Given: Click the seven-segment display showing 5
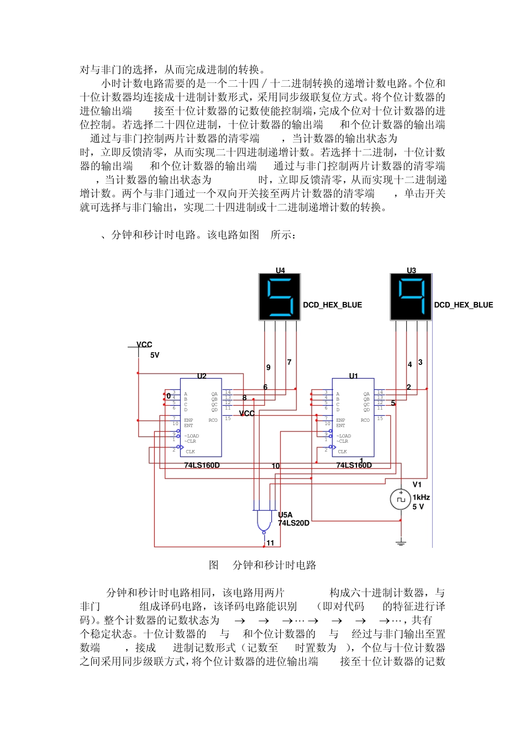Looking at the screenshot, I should [x=280, y=297].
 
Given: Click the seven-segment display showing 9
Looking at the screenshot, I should [x=411, y=297].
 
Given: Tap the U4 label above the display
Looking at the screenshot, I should [x=280, y=270].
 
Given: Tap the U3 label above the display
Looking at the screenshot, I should [x=411, y=270].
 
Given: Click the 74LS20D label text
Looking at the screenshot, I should [x=293, y=523].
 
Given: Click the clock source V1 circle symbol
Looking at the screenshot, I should [x=401, y=499].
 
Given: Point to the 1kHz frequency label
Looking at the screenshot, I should [x=421, y=497].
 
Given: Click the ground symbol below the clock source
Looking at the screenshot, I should [x=401, y=542].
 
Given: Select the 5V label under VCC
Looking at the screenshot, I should [x=155, y=355].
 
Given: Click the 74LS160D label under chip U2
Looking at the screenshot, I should [x=202, y=465].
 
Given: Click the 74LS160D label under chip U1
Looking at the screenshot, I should [x=354, y=465].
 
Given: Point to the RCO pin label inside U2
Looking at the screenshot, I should [x=213, y=420].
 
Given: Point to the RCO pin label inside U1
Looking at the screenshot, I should [x=365, y=420].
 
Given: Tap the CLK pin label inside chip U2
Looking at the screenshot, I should [x=190, y=452].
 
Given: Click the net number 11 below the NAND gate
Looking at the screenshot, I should [x=270, y=543].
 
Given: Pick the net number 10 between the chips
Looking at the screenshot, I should [x=275, y=466].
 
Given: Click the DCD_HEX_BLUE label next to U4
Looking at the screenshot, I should [x=332, y=305].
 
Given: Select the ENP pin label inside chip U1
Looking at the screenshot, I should [x=340, y=420].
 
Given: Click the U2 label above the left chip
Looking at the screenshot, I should [x=202, y=376].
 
